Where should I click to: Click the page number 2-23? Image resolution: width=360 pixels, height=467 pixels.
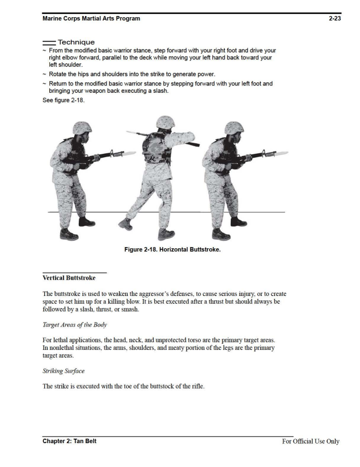click(334, 19)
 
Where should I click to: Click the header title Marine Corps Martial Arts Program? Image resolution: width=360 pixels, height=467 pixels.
click(91, 19)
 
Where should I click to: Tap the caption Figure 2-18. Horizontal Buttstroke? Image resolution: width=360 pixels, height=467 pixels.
click(173, 250)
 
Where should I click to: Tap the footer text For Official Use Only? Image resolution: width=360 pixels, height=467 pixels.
click(311, 441)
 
